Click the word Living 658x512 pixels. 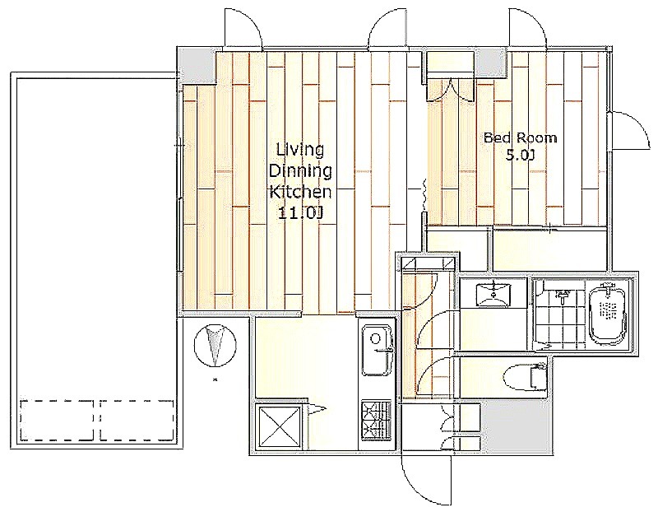pyautogui.click(x=300, y=150)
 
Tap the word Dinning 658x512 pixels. pyautogui.click(x=300, y=170)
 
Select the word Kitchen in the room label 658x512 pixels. pyautogui.click(x=300, y=192)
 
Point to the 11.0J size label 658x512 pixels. pyautogui.click(x=300, y=213)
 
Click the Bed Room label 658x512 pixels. pyautogui.click(x=521, y=137)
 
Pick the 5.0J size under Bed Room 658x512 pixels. pyautogui.click(x=521, y=156)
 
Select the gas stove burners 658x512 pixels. pyautogui.click(x=376, y=421)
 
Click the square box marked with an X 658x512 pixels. pyautogui.click(x=279, y=427)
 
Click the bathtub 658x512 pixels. pyautogui.click(x=608, y=315)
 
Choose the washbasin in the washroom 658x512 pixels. pyautogui.click(x=493, y=296)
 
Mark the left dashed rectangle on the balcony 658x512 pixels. pyautogui.click(x=57, y=420)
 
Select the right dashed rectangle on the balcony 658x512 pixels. pyautogui.click(x=137, y=420)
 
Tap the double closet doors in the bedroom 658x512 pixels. pyautogui.click(x=451, y=90)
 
